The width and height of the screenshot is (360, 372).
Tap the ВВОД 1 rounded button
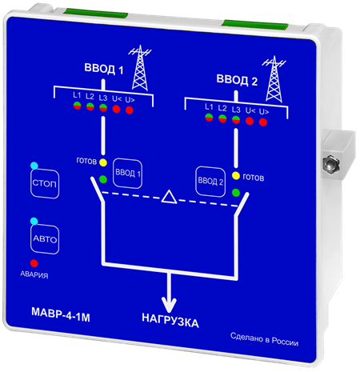[127, 174]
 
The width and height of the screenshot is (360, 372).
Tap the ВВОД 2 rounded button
[210, 182]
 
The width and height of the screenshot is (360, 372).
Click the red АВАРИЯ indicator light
[34, 263]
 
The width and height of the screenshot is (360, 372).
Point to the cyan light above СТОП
[34, 166]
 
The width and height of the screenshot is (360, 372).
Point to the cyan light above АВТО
[34, 221]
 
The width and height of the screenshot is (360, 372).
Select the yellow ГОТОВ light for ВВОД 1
[103, 162]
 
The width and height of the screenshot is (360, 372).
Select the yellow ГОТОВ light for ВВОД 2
[236, 176]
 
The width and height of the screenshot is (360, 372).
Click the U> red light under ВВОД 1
[130, 110]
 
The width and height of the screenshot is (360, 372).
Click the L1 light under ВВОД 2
[209, 118]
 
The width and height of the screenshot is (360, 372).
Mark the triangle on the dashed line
[169, 198]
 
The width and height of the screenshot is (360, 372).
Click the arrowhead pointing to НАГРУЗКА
[169, 305]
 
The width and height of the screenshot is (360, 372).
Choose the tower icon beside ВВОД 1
[140, 68]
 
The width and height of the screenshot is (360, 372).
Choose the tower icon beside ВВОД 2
[274, 79]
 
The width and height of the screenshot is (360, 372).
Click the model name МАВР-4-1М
[61, 314]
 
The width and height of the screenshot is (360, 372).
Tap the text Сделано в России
[264, 339]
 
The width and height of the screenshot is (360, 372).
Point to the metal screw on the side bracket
[330, 164]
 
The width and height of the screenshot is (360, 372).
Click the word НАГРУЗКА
[170, 320]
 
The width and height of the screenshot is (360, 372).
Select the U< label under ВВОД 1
[117, 99]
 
